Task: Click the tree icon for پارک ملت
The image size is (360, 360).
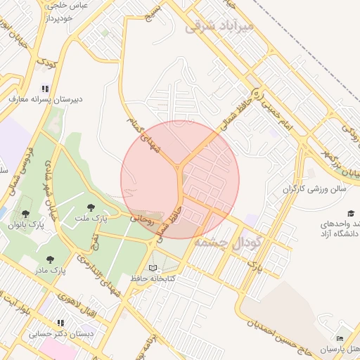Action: click(x=91, y=207)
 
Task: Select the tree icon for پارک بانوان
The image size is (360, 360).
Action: click(x=26, y=213)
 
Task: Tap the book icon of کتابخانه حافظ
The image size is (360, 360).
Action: click(x=153, y=268)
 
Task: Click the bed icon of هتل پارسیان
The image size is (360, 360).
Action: click(x=340, y=339)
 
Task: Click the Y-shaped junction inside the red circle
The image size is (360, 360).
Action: click(x=180, y=169)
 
